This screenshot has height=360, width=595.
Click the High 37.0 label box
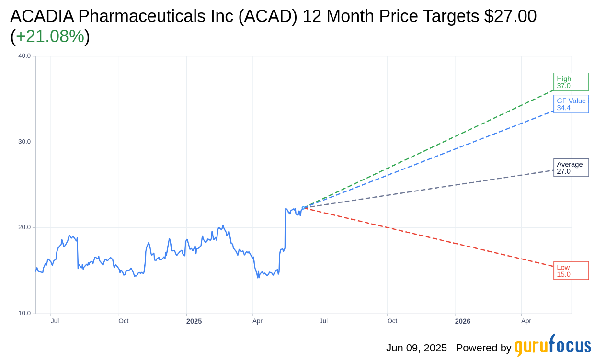571,82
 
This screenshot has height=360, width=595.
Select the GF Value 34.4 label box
571,104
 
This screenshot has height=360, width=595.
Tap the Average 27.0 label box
571,168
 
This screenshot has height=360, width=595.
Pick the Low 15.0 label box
571,270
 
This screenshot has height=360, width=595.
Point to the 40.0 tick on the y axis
24,56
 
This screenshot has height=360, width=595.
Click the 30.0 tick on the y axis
24,142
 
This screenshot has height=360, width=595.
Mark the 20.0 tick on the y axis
24,227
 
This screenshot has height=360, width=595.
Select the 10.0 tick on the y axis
24,313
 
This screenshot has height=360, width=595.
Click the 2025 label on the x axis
194,321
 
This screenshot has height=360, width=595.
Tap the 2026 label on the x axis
463,321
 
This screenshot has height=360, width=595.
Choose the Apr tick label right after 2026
526,321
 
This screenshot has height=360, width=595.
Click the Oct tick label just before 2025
124,321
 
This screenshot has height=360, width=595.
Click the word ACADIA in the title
42,16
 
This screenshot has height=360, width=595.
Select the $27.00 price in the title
510,16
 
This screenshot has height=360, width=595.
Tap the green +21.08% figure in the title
50,36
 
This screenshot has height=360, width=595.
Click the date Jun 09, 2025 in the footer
416,348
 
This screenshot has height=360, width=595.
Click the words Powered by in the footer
483,348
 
